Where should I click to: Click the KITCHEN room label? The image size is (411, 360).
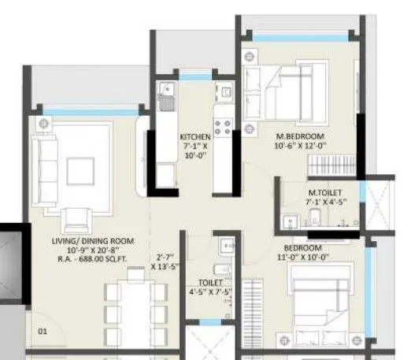[195, 136]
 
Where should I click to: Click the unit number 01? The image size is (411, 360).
[43, 332]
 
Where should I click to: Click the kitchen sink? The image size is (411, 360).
[166, 98]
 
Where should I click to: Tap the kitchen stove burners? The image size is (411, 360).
[222, 126]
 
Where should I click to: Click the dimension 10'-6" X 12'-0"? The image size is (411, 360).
[300, 146]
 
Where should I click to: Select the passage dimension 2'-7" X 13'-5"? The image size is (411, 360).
[165, 261]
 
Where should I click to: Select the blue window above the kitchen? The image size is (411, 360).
[198, 76]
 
